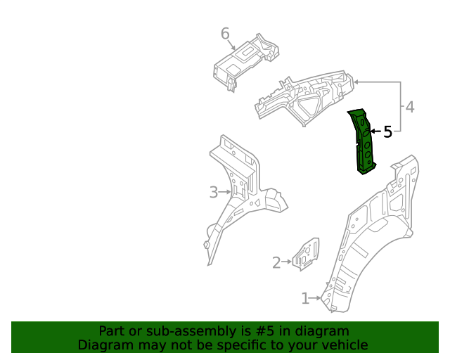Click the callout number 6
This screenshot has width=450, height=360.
(x=225, y=34)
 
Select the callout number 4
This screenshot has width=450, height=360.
(x=409, y=107)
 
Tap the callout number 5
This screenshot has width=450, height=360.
(x=387, y=131)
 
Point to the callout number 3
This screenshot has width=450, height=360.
(x=214, y=192)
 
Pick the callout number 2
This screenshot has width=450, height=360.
(x=277, y=263)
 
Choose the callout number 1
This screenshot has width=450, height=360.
(x=305, y=299)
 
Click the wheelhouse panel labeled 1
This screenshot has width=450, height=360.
(x=373, y=232)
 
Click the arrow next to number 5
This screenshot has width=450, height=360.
(x=375, y=131)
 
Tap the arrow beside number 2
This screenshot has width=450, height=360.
(x=288, y=263)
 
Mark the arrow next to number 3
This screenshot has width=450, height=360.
(x=225, y=192)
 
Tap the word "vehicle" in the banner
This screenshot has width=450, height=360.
(x=344, y=345)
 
